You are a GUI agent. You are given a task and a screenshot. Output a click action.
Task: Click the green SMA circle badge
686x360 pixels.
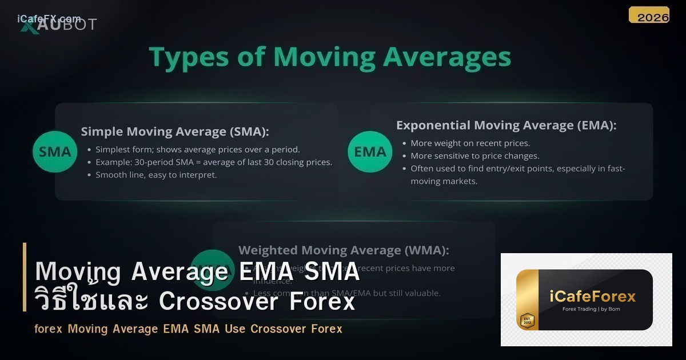tap(55, 151)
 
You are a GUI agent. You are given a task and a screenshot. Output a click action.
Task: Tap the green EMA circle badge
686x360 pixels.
tap(370, 151)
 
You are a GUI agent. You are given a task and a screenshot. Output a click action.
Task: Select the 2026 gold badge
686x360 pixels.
tap(649, 15)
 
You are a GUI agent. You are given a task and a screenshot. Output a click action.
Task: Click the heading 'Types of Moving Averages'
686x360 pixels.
tap(330, 58)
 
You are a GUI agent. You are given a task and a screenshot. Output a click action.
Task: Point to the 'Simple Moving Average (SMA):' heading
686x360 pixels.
tap(175, 131)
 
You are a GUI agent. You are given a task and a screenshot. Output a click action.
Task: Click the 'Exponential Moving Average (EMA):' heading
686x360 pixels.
tap(506, 125)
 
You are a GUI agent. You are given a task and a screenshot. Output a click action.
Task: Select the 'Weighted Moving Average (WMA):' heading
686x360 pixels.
tap(343, 250)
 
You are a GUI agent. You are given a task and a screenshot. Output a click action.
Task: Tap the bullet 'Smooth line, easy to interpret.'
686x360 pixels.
tap(156, 175)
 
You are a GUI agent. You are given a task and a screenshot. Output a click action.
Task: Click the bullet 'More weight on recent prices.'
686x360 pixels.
tap(470, 143)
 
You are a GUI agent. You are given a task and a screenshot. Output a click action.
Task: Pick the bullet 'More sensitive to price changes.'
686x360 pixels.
tap(474, 156)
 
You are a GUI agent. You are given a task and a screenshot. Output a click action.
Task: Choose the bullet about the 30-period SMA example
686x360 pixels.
tap(213, 162)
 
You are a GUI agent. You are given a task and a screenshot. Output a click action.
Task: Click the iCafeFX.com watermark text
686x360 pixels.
tap(49, 19)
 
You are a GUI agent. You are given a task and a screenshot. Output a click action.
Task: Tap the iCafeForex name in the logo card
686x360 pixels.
tap(593, 296)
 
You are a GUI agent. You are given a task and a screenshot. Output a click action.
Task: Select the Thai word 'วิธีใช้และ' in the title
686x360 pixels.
tap(91, 301)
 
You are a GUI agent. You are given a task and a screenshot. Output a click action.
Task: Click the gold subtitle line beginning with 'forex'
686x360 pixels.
tap(188, 329)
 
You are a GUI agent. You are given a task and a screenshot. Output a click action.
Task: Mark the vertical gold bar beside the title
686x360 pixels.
tap(25, 277)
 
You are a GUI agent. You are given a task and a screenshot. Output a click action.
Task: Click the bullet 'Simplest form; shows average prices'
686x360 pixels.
tap(197, 150)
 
